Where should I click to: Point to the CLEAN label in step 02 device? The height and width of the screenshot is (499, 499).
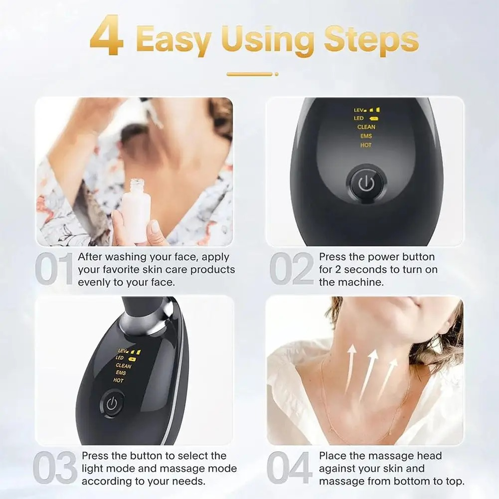coord(366,127)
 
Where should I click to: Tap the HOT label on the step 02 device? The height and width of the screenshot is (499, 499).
coord(366,146)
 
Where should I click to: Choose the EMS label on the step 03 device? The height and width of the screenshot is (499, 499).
coord(121,373)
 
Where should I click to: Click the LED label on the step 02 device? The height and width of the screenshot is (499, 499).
coord(359,118)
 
